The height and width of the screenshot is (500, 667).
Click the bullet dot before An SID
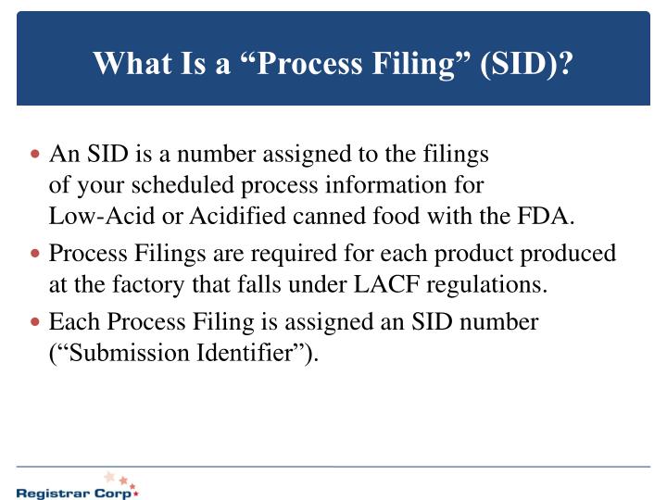pyautogui.click(x=36, y=155)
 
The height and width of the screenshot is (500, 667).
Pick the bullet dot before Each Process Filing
pyautogui.click(x=36, y=323)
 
